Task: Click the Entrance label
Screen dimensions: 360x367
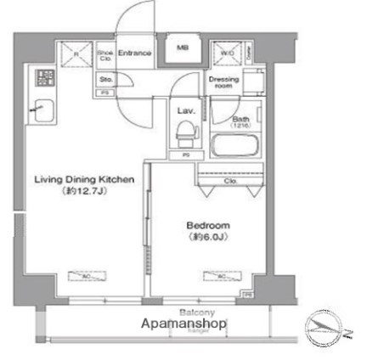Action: tap(134, 53)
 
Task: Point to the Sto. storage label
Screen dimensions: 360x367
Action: tap(104, 78)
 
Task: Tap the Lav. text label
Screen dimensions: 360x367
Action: tap(186, 110)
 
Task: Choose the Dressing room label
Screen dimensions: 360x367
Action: tap(223, 82)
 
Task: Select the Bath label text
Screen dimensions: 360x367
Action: tap(240, 121)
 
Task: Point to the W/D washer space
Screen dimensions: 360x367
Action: tap(229, 53)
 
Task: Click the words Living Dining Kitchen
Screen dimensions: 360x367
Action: tap(84, 180)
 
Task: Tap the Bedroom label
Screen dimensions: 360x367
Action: tap(207, 225)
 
